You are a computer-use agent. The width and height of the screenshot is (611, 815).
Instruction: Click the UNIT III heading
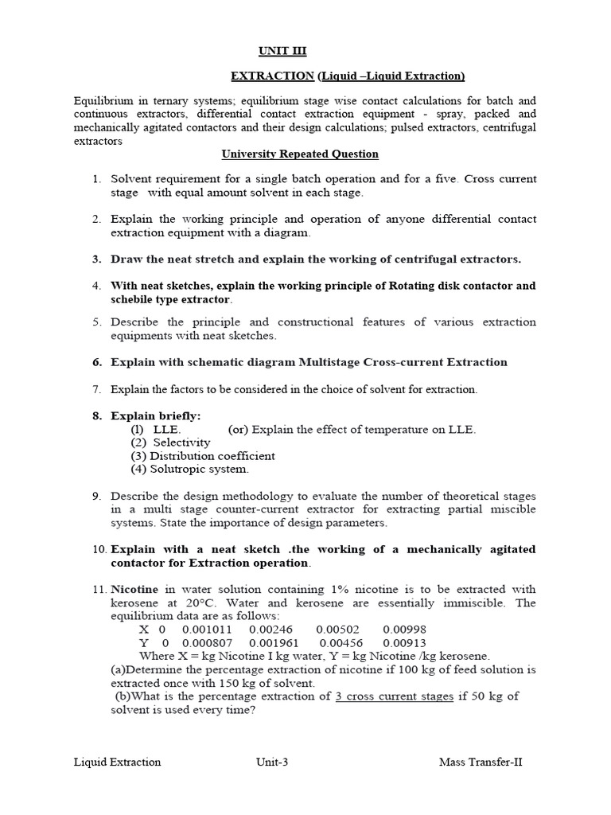pos(282,51)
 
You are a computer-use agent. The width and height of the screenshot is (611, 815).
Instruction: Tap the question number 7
pos(97,389)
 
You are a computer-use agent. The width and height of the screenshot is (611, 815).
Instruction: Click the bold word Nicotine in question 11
pos(134,590)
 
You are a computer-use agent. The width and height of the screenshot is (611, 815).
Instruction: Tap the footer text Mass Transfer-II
pos(481,762)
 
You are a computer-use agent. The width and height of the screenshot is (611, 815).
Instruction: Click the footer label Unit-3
pos(271,762)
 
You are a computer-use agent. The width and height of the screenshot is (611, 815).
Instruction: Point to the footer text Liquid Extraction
pos(117,762)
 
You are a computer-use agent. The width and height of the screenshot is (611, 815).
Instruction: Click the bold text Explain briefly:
pos(156,415)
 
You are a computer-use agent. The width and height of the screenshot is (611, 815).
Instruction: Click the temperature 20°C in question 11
pos(193,603)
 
